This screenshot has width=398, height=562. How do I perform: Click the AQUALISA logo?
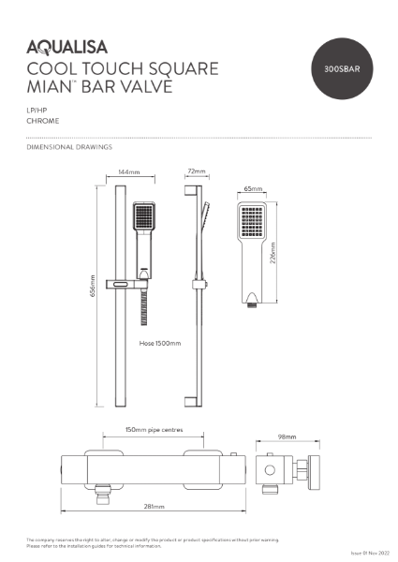[x=67, y=45]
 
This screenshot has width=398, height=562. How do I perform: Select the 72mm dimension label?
[x=196, y=172]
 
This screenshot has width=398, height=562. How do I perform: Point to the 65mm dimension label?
[x=253, y=188]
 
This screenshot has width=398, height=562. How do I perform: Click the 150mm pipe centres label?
[x=155, y=431]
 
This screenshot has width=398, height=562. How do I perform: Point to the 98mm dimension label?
[x=287, y=437]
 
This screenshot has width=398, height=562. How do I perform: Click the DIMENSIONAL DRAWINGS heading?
[x=70, y=147]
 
